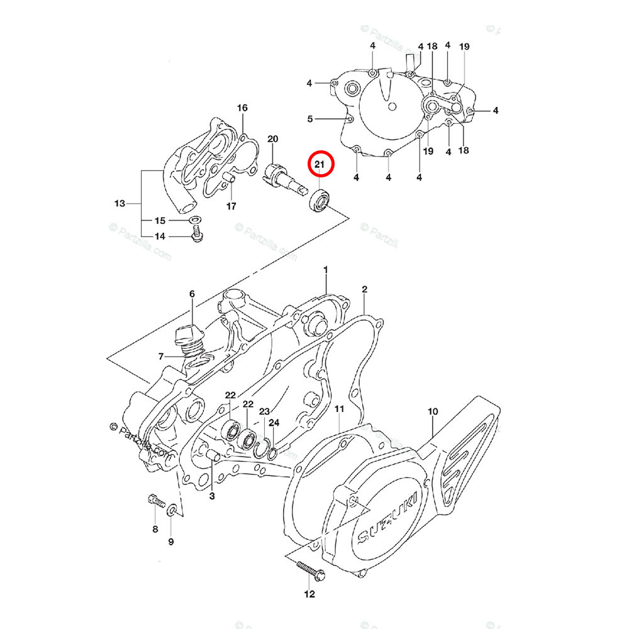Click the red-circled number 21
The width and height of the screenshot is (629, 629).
319,165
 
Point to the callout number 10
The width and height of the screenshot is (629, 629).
433,413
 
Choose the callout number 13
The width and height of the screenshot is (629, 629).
120,204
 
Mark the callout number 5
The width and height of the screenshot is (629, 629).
309,118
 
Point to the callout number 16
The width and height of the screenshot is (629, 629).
242,108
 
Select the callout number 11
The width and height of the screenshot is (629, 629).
339,409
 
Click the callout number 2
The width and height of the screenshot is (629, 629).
364,289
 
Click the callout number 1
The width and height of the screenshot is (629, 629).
326,270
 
